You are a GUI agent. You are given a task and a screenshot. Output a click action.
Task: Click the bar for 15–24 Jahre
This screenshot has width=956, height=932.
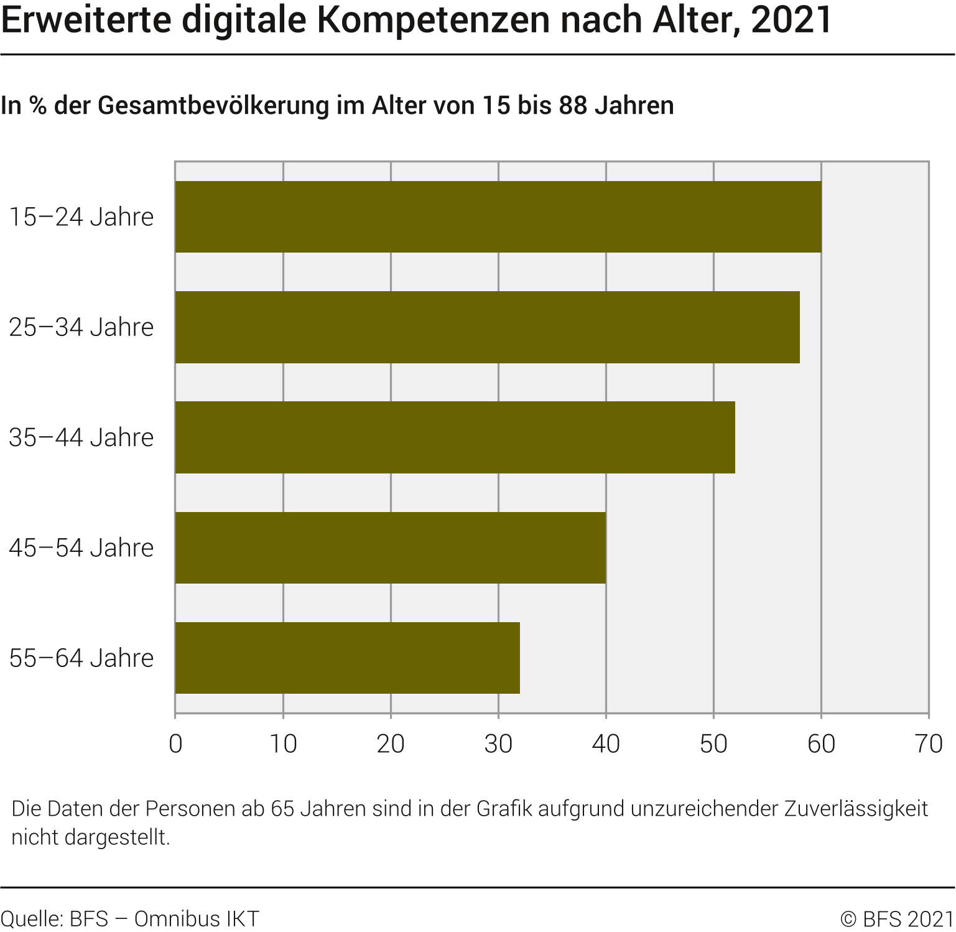point(498,217)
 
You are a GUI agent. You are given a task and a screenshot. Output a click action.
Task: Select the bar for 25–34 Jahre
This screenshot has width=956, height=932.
point(487,327)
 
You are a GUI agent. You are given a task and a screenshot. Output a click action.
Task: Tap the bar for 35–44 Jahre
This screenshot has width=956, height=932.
point(455,437)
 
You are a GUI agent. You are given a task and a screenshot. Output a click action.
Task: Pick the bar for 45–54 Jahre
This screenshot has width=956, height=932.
point(391,548)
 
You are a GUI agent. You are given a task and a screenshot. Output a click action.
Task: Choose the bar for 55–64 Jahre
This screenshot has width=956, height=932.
point(347,658)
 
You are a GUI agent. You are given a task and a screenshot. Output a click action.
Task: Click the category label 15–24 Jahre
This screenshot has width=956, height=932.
point(81,217)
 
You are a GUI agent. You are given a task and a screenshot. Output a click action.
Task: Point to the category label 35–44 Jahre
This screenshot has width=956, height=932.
point(81,438)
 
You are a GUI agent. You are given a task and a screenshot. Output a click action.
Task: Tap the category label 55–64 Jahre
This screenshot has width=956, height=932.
point(81,658)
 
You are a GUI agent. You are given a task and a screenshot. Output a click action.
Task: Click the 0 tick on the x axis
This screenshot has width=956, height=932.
point(175,743)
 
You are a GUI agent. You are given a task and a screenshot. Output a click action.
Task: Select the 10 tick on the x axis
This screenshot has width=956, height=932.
point(283,743)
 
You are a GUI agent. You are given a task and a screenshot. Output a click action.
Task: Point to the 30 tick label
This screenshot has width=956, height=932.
point(498,743)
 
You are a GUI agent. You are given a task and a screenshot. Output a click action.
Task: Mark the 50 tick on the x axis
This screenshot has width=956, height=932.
point(713,743)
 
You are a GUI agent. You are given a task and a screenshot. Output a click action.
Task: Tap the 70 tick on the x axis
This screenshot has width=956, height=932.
point(929,743)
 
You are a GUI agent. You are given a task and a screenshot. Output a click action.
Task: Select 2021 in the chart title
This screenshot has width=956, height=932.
point(791,19)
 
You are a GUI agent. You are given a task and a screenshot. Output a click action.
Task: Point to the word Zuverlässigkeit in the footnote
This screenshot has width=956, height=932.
point(856,809)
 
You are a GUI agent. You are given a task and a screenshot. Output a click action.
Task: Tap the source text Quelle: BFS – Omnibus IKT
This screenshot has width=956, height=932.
point(129,919)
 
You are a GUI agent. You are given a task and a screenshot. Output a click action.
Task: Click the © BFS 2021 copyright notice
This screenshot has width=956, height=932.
point(896,919)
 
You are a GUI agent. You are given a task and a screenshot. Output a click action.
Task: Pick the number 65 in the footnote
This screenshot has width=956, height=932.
point(284,809)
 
